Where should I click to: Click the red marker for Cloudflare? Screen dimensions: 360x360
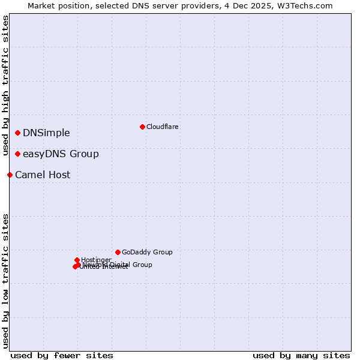click(142, 127)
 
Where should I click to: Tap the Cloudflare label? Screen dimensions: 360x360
click(163, 127)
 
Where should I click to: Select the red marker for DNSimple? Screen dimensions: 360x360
click(18, 133)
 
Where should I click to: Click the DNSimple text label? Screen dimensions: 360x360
click(46, 133)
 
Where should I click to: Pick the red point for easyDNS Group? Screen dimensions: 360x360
click(18, 154)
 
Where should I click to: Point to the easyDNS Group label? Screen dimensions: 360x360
click(61, 154)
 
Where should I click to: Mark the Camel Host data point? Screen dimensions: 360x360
click(10, 175)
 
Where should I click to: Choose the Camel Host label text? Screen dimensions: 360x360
click(43, 175)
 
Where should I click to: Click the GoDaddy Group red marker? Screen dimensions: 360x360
click(118, 252)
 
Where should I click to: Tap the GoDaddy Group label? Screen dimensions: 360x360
click(147, 252)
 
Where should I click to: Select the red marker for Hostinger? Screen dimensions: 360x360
click(77, 260)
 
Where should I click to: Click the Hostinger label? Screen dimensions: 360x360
click(96, 260)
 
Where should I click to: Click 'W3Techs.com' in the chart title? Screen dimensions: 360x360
click(307, 5)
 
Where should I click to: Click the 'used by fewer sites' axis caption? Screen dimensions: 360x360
click(62, 355)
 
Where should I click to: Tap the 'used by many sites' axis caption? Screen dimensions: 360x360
click(301, 355)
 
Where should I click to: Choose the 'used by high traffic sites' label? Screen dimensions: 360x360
click(6, 85)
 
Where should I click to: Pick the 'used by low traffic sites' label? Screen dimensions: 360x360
click(6, 280)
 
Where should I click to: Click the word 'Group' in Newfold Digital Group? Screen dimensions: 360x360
click(142, 265)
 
